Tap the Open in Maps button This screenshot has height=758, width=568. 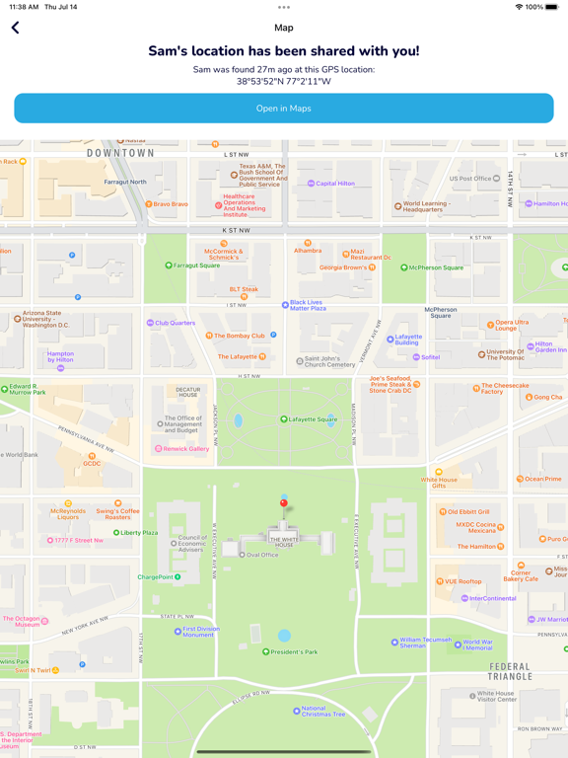[284, 109]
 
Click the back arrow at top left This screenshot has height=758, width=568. [16, 28]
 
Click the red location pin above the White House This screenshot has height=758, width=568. [284, 504]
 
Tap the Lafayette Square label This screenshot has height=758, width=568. [312, 419]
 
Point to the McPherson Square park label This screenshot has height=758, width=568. [437, 267]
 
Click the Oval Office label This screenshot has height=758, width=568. [261, 555]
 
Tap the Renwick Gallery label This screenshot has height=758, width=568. [185, 449]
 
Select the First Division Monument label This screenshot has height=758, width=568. [200, 631]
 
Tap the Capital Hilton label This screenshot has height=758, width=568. [334, 184]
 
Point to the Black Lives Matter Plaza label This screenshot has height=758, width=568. [307, 305]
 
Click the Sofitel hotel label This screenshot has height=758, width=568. [430, 357]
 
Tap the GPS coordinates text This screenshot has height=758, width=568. [284, 82]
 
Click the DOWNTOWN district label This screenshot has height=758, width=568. [120, 153]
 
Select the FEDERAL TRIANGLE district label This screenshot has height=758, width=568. [510, 672]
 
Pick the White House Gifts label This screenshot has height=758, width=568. [439, 483]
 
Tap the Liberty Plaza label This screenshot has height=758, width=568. [138, 533]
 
